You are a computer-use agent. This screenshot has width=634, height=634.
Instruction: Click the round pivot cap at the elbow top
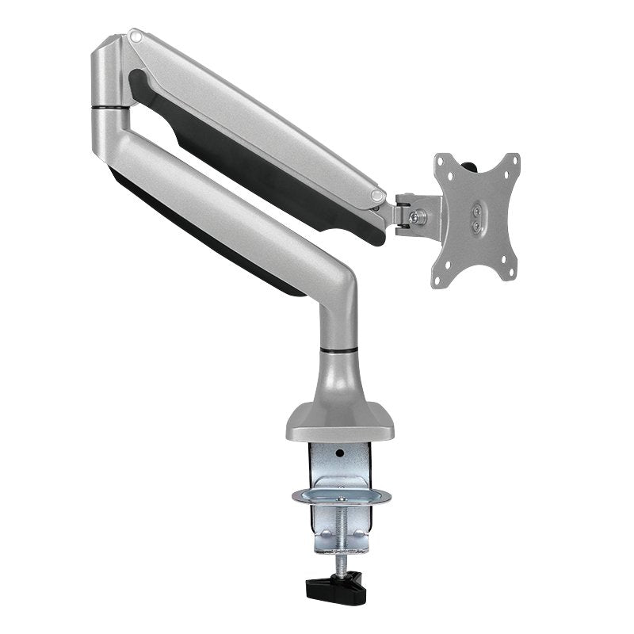[x=137, y=36]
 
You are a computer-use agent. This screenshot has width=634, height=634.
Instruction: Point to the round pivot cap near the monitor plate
[x=379, y=193]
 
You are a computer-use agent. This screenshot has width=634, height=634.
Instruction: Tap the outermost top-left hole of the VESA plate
[x=441, y=162]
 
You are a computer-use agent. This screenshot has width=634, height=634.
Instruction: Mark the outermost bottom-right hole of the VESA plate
[x=508, y=278]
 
